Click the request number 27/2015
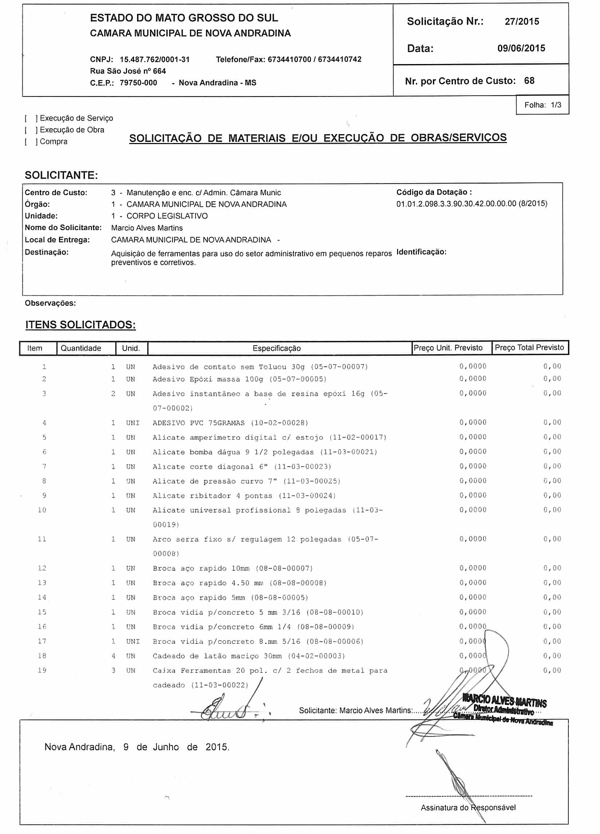521,22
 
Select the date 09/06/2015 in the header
521,49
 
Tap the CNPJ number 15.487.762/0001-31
154,60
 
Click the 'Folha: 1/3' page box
542,105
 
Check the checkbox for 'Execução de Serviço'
30,119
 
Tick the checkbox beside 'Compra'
30,142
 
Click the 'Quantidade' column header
81,348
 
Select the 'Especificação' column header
276,348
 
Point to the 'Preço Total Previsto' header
529,348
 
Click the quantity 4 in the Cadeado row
113,656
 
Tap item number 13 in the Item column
42,583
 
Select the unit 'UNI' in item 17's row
132,641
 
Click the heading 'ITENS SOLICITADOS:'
80,325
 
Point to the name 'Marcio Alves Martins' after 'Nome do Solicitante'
147,228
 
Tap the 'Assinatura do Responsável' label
468,807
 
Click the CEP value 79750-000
138,83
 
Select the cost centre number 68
529,81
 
